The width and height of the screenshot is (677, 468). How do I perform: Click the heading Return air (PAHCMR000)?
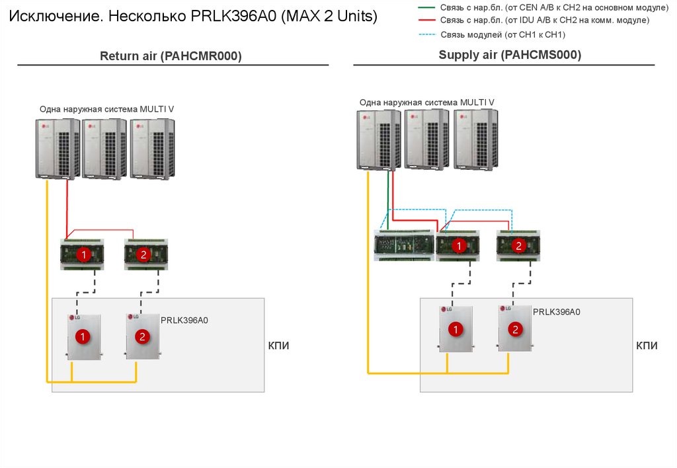point(171,57)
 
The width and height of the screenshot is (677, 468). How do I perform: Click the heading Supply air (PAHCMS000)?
point(510,55)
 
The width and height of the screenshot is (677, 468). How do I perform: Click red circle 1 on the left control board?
point(84,254)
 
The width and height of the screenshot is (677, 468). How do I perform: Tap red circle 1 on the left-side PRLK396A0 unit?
point(83,337)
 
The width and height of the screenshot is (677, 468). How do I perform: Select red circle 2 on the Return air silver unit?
point(142,337)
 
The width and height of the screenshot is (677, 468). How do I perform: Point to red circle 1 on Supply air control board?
point(458,247)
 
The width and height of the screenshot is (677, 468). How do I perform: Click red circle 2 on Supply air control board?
point(518,247)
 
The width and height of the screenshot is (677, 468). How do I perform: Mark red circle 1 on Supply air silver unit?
point(455,329)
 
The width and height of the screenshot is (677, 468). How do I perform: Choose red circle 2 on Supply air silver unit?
point(514,329)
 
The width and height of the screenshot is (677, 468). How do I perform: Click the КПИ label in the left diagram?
point(278,346)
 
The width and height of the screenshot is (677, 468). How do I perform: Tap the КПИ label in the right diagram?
point(647,346)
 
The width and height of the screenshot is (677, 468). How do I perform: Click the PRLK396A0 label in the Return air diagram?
point(184,321)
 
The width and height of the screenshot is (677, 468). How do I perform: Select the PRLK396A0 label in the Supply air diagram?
point(557,312)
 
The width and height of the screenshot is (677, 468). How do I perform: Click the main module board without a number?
point(403,245)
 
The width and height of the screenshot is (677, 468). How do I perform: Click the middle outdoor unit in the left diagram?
point(104,148)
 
